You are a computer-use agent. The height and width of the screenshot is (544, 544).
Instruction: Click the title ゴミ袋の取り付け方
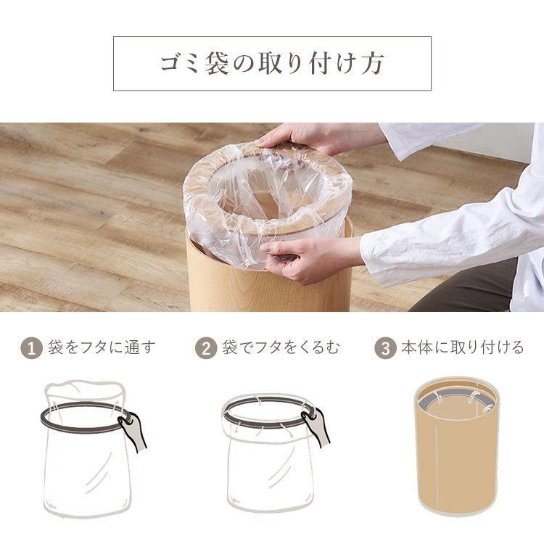click(x=272, y=64)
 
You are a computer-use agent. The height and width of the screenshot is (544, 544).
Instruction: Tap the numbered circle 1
click(x=32, y=348)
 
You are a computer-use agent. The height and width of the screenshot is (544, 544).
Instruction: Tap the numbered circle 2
click(x=206, y=348)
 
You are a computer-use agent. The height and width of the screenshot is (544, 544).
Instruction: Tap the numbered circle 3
click(x=385, y=348)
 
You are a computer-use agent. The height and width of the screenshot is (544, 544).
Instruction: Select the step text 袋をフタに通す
click(x=102, y=347)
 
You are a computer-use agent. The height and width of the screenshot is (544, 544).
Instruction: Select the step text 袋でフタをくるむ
click(x=281, y=347)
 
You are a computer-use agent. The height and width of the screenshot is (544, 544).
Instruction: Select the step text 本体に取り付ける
click(x=463, y=347)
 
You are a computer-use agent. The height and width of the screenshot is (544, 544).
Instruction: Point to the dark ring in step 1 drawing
click(x=83, y=429)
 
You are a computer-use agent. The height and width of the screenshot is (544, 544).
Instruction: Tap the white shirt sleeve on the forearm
click(x=451, y=239)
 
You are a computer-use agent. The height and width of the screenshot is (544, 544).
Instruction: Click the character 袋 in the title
click(x=216, y=64)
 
